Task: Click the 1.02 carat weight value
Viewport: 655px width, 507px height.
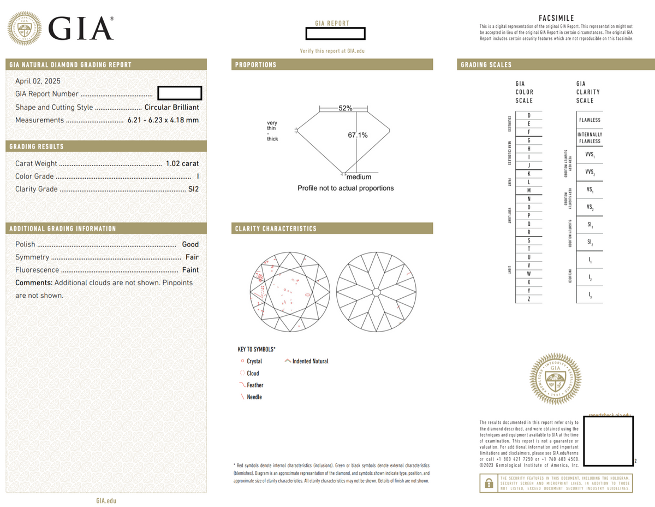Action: (x=182, y=163)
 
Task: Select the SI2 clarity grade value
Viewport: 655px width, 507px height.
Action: (x=193, y=190)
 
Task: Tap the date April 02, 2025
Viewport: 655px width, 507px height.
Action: (x=38, y=81)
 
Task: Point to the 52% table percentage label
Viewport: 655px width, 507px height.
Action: (x=345, y=108)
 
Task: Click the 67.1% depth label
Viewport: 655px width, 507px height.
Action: (x=358, y=135)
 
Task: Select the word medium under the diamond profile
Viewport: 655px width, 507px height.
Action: (x=359, y=176)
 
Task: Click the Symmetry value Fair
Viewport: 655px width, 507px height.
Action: (x=192, y=257)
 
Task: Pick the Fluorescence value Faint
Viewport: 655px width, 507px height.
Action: (x=190, y=270)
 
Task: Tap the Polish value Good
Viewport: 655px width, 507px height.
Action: (x=190, y=244)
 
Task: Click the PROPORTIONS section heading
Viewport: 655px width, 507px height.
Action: (x=256, y=65)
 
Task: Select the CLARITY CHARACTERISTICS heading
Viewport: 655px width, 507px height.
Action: (x=276, y=228)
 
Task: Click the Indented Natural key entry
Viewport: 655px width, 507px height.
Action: (x=310, y=361)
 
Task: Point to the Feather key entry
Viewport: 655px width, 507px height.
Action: (x=254, y=385)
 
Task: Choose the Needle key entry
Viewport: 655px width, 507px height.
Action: (x=254, y=397)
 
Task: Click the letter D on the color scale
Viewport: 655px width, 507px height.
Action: (x=528, y=115)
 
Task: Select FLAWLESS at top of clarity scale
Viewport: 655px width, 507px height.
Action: (x=589, y=120)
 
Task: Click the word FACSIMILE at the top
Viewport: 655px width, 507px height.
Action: (x=556, y=18)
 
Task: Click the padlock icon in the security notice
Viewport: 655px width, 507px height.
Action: (x=487, y=484)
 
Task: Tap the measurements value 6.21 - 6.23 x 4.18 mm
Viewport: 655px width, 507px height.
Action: (x=163, y=120)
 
